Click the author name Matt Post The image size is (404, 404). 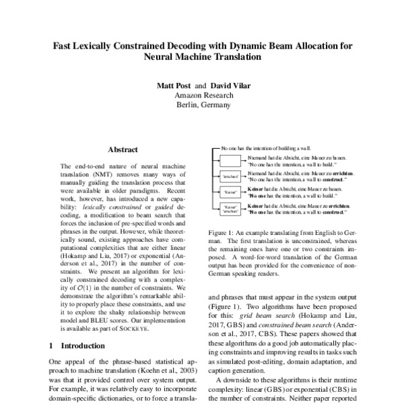(x=174, y=87)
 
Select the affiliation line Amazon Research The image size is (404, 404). (x=203, y=96)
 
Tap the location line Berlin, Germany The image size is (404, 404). (x=203, y=106)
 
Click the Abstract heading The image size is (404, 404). (x=123, y=149)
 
